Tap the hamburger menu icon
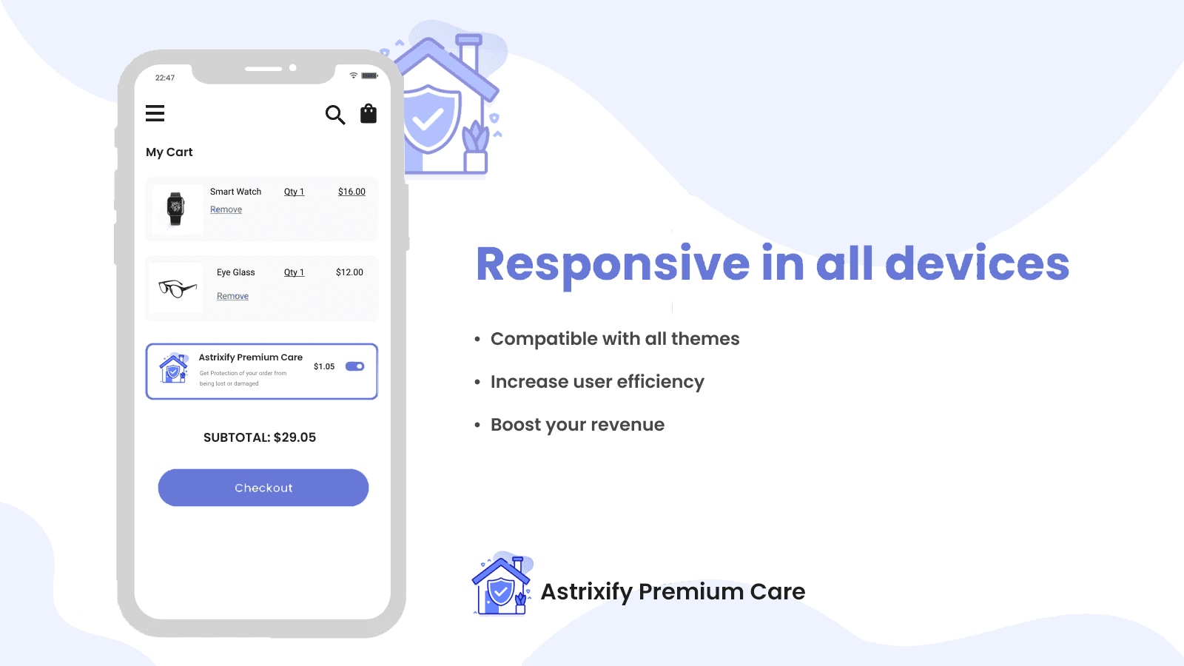(155, 113)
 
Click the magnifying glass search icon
(335, 115)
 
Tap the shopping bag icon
(369, 114)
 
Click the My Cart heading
(169, 152)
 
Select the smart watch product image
(175, 209)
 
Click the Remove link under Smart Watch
(226, 209)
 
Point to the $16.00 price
(351, 192)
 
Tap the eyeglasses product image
(177, 288)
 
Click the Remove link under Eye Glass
(232, 296)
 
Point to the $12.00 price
(349, 272)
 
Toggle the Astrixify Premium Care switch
(354, 366)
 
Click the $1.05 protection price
(324, 366)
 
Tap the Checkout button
(263, 488)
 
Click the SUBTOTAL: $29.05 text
(260, 437)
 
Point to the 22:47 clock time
(165, 78)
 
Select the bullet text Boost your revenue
(577, 425)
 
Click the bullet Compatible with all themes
(615, 339)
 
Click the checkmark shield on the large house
(429, 119)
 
